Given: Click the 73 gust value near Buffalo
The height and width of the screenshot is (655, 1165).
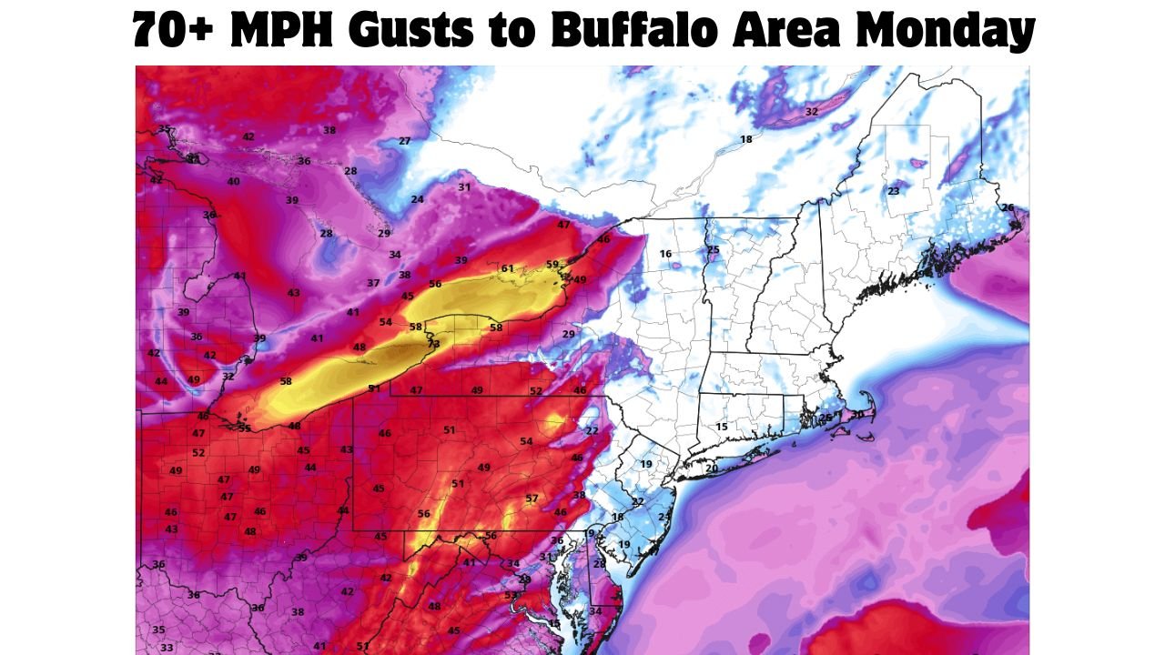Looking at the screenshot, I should coord(433,344).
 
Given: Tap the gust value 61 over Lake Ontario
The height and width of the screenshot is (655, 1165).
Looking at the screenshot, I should coord(507,268).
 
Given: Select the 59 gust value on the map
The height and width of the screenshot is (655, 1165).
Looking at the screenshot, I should coord(552,265).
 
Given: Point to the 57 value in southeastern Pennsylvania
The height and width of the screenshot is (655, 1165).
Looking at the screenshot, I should coord(532,499).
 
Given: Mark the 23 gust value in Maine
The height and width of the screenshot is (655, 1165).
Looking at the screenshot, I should coord(893,191).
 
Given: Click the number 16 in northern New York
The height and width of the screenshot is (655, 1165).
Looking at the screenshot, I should coord(665,254).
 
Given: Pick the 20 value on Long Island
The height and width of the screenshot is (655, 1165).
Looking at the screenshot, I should coord(711,469).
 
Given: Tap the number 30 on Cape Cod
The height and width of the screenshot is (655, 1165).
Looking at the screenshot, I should coord(856,414).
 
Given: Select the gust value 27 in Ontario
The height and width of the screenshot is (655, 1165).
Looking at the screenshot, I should coord(405,141).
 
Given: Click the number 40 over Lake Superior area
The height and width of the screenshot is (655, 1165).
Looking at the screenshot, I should coord(233,182).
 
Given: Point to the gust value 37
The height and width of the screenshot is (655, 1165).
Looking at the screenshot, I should coord(373,284).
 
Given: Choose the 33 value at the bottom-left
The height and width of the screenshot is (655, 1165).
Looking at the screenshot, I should coord(166,648).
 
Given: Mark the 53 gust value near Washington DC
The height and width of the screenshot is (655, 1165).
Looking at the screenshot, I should coord(511,596).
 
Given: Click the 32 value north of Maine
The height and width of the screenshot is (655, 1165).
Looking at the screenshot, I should coord(812,112).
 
